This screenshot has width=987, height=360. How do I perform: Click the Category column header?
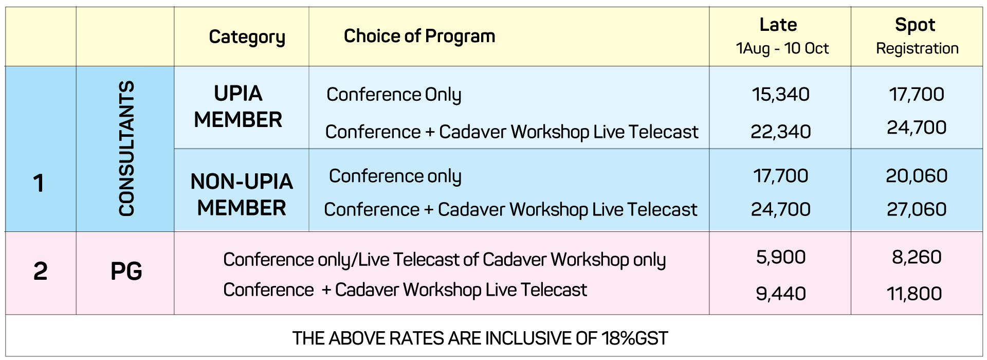point(247,37)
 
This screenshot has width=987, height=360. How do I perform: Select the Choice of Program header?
point(419,36)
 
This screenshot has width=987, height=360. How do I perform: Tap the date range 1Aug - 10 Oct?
point(782,48)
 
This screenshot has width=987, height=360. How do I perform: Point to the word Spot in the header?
point(915,25)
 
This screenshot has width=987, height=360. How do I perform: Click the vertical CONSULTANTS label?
point(126,148)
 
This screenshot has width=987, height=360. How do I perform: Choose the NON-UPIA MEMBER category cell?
point(242,194)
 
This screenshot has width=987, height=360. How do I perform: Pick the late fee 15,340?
point(780,94)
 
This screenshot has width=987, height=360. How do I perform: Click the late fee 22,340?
point(780,132)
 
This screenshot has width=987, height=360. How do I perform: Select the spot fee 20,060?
point(917,176)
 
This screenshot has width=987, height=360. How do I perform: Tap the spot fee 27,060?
point(917,209)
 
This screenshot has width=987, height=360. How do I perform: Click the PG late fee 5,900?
point(781,257)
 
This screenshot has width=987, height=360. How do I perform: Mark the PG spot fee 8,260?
point(917,257)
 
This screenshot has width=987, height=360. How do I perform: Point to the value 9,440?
point(781,294)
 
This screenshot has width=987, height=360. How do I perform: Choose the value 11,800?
point(915,294)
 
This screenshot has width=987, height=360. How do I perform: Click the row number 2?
point(40,271)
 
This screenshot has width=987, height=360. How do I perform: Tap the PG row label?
point(126,271)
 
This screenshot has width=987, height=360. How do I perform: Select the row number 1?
point(39,183)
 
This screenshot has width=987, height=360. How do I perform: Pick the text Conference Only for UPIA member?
point(394,95)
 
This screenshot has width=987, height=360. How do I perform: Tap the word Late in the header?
point(778,25)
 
